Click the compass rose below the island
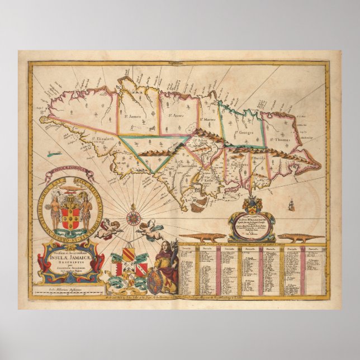point(134,215)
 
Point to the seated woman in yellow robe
point(166,265)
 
